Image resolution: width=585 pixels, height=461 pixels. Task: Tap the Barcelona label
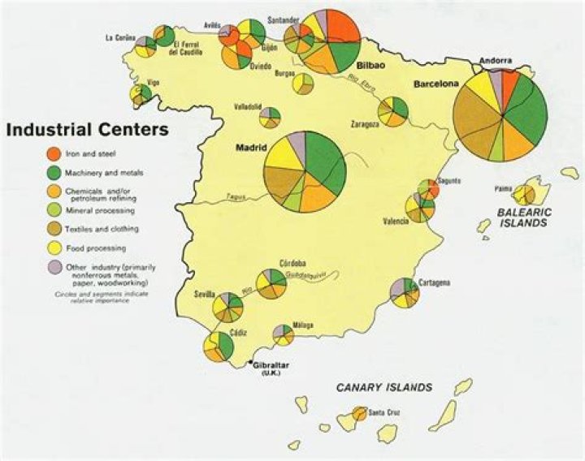tap(436, 84)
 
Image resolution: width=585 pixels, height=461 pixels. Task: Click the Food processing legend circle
tap(50, 248)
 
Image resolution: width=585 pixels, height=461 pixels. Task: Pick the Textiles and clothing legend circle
tap(50, 229)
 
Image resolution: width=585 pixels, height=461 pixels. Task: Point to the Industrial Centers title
tap(88, 129)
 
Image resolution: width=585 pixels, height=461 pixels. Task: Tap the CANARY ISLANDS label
tap(384, 387)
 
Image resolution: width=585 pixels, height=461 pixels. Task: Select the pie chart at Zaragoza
tap(394, 111)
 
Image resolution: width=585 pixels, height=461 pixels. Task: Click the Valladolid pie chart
tap(271, 117)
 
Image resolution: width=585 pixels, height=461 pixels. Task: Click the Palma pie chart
tap(525, 195)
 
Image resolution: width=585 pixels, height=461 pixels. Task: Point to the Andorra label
tap(494, 59)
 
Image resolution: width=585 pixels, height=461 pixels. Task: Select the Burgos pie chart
tap(303, 84)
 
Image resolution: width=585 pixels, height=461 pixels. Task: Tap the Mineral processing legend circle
tap(50, 210)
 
